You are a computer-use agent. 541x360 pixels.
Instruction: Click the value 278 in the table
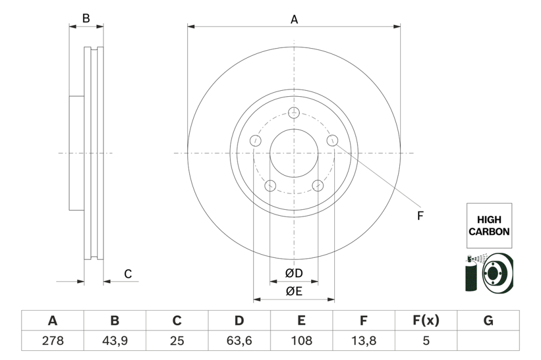click(x=52, y=341)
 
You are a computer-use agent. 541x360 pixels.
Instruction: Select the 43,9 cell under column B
click(x=115, y=341)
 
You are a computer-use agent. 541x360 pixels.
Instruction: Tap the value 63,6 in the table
click(x=239, y=341)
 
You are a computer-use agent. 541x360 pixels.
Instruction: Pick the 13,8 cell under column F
click(x=364, y=341)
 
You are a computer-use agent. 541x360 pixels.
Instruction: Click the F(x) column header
click(x=426, y=321)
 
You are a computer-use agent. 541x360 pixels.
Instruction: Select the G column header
click(x=488, y=321)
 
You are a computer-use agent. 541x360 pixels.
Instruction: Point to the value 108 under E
click(x=301, y=341)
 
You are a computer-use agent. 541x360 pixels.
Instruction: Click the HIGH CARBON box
click(x=489, y=226)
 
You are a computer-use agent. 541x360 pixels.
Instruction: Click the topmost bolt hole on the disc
click(x=294, y=112)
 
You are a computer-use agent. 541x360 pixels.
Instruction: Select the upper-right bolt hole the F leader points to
click(x=333, y=141)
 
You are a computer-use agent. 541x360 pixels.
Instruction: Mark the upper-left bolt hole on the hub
click(x=255, y=141)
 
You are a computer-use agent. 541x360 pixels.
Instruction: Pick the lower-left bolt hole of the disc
click(x=270, y=186)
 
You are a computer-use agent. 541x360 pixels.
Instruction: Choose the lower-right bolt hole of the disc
click(x=318, y=186)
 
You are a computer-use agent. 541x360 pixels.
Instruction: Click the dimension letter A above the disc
click(x=294, y=19)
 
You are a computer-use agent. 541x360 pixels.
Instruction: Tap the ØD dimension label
click(x=294, y=274)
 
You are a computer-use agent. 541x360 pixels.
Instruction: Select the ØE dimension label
click(x=294, y=291)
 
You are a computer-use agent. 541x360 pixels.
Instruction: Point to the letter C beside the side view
click(x=128, y=274)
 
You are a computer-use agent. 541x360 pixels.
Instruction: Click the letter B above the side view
click(x=86, y=18)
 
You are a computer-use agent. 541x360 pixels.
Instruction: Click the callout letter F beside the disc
click(x=420, y=216)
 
